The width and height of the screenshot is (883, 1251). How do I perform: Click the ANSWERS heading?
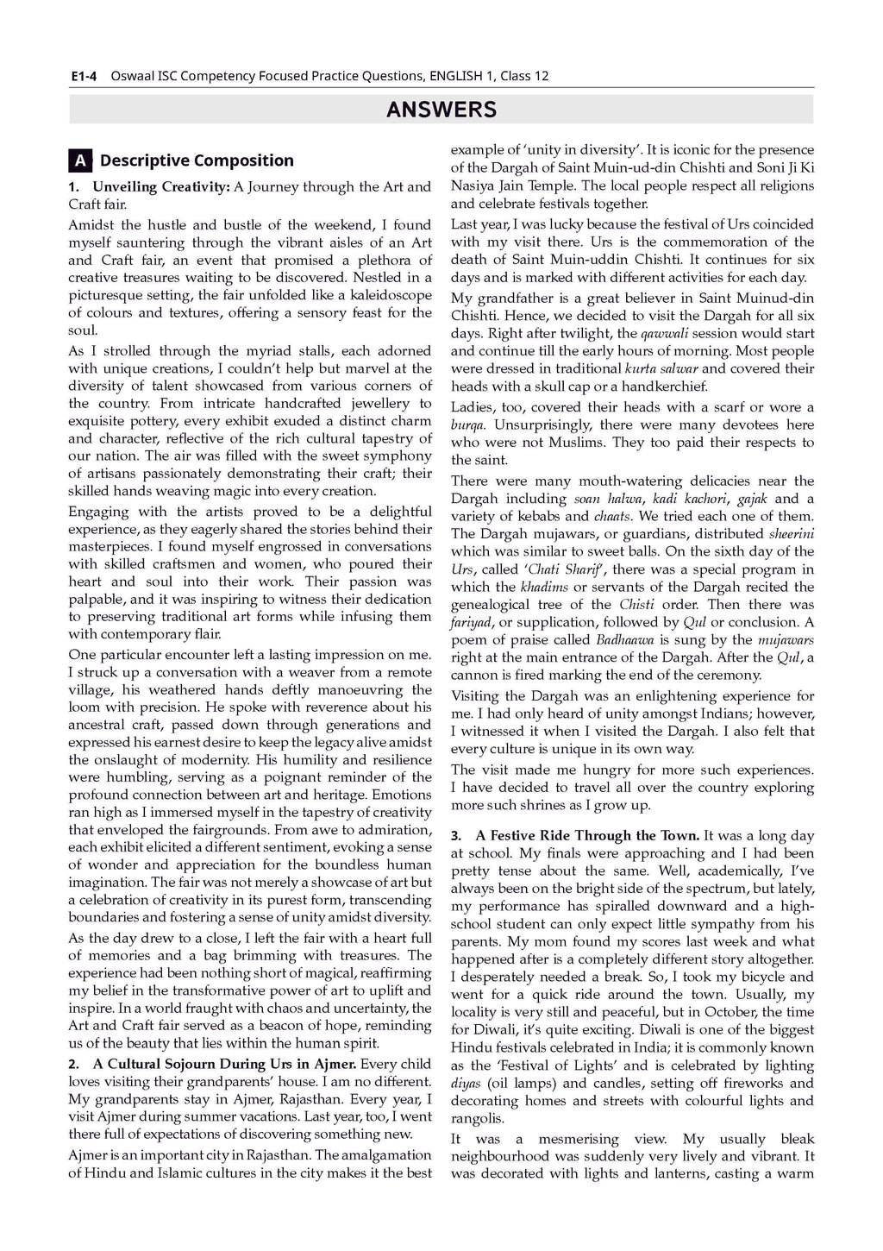[441, 110]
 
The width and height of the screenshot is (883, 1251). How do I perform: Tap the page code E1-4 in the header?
[83, 76]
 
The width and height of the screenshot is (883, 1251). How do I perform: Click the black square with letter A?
[79, 160]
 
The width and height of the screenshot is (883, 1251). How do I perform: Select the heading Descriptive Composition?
[197, 160]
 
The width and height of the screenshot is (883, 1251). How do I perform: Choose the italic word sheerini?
[791, 534]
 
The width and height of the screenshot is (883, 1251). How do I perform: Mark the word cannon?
[474, 675]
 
